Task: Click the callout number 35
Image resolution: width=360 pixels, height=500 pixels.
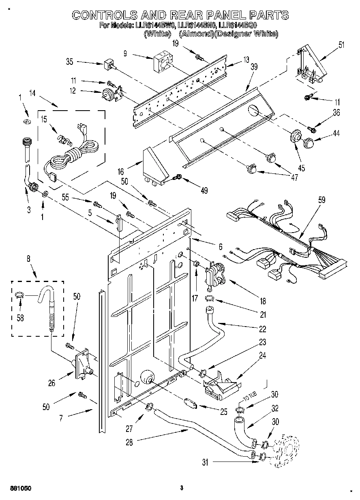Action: point(69,62)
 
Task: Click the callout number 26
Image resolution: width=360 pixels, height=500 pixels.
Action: point(51,382)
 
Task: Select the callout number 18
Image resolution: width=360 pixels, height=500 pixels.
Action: point(263,301)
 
